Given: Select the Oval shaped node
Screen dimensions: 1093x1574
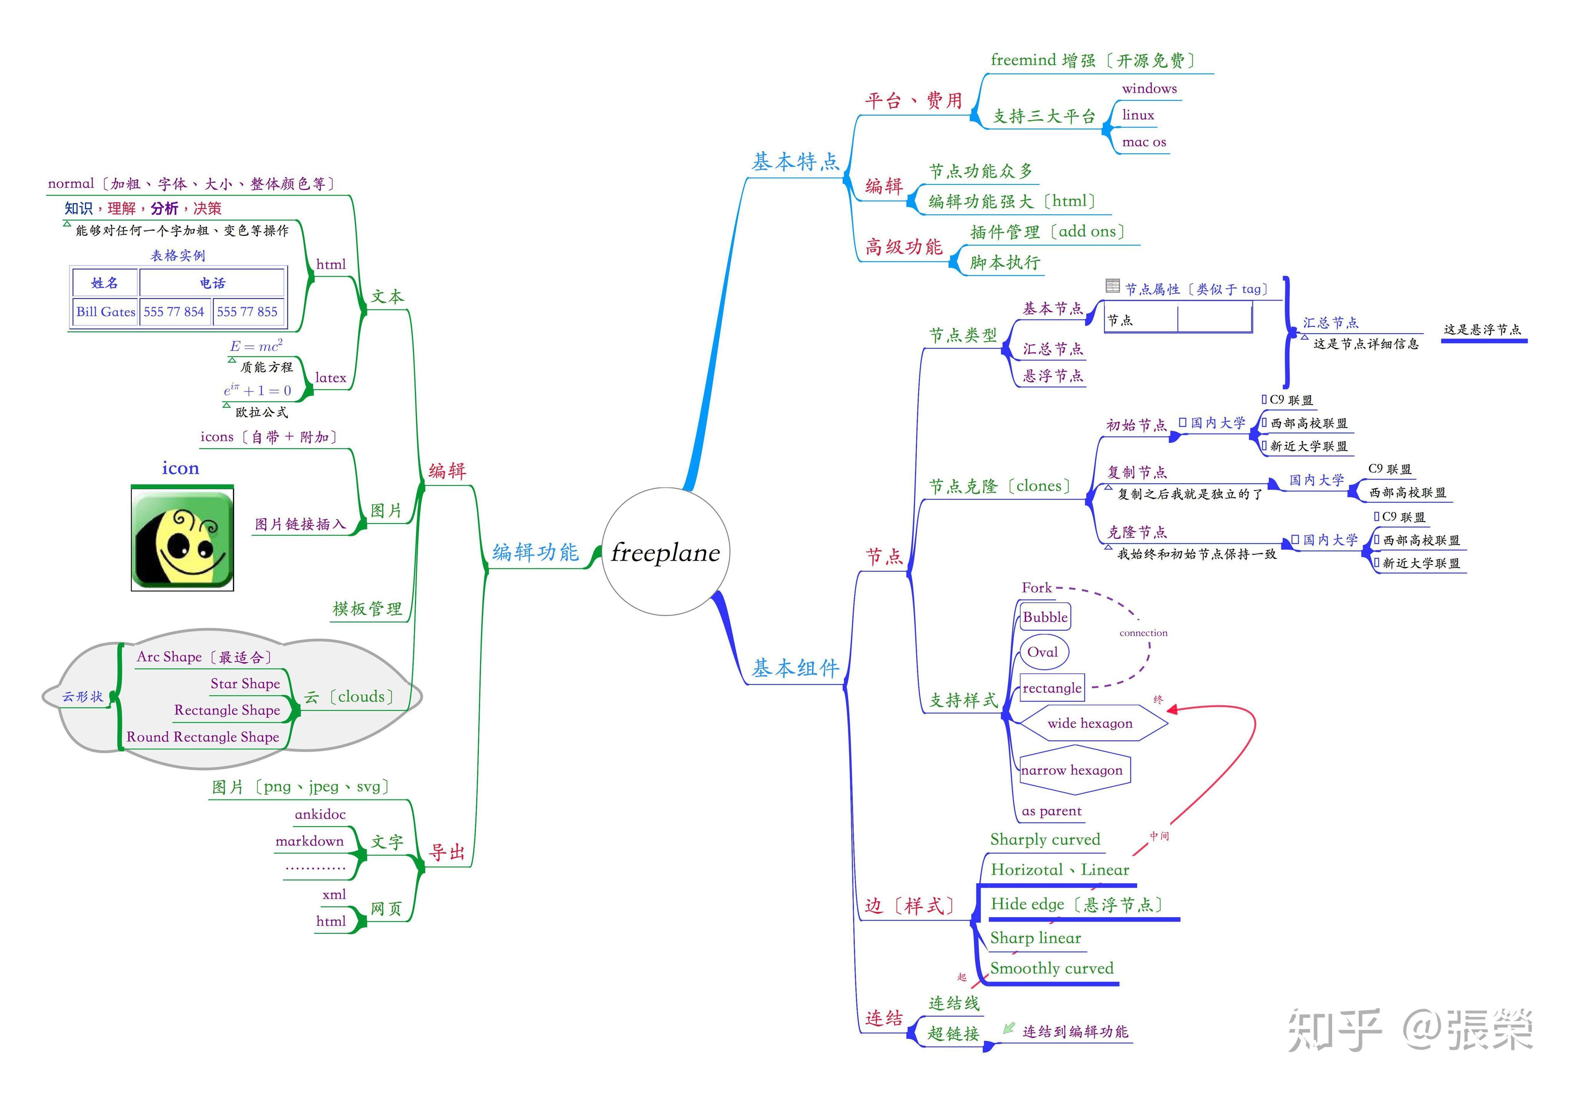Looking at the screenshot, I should coord(1043,652).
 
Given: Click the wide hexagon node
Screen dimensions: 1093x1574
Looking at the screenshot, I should coord(1090,723).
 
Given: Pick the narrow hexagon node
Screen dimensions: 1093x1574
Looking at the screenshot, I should coord(1072,771).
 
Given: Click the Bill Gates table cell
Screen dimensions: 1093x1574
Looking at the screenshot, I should coord(105,312).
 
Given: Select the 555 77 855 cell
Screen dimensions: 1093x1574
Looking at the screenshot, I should coord(247,312).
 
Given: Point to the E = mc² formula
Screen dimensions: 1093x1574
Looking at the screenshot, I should coord(256,346).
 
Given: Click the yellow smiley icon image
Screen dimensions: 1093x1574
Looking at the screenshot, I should coord(182,538).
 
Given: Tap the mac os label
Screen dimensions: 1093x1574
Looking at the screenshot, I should coord(1144,143).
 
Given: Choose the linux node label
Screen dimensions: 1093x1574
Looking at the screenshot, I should coord(1138,115).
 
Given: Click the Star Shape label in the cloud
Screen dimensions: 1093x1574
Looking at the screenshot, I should coord(245,683).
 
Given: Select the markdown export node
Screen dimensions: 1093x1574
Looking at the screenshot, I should coord(309,841).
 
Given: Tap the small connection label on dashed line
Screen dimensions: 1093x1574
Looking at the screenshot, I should coord(1143,633).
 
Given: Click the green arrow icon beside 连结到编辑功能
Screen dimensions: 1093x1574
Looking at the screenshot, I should coord(1008,1028).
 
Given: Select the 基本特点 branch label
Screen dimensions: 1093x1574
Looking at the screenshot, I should coord(795,162).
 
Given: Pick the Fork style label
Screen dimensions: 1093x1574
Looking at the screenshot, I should coord(1036,588).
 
